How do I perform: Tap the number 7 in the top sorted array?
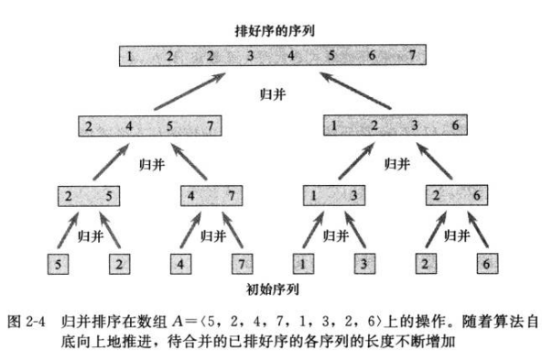click(x=413, y=57)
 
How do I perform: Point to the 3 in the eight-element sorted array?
click(x=249, y=57)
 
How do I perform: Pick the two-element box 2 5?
click(x=89, y=195)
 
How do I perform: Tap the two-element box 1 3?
click(x=331, y=195)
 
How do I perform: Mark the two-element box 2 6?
click(x=454, y=195)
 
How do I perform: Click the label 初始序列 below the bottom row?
click(x=271, y=290)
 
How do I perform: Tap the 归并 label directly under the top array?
click(x=271, y=92)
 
